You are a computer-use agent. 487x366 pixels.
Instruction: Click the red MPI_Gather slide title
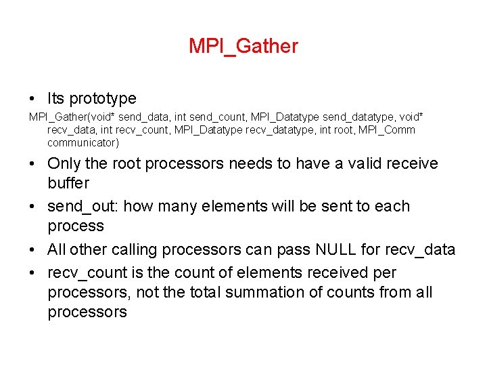point(243,46)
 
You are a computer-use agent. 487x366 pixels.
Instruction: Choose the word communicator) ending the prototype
point(83,142)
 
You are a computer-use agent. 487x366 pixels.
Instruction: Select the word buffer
point(68,183)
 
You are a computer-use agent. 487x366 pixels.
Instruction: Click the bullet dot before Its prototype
point(33,100)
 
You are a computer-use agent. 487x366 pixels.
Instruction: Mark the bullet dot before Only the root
point(33,164)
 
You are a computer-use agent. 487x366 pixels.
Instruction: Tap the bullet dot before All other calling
point(33,250)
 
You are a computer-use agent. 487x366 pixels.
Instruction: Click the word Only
point(64,163)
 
